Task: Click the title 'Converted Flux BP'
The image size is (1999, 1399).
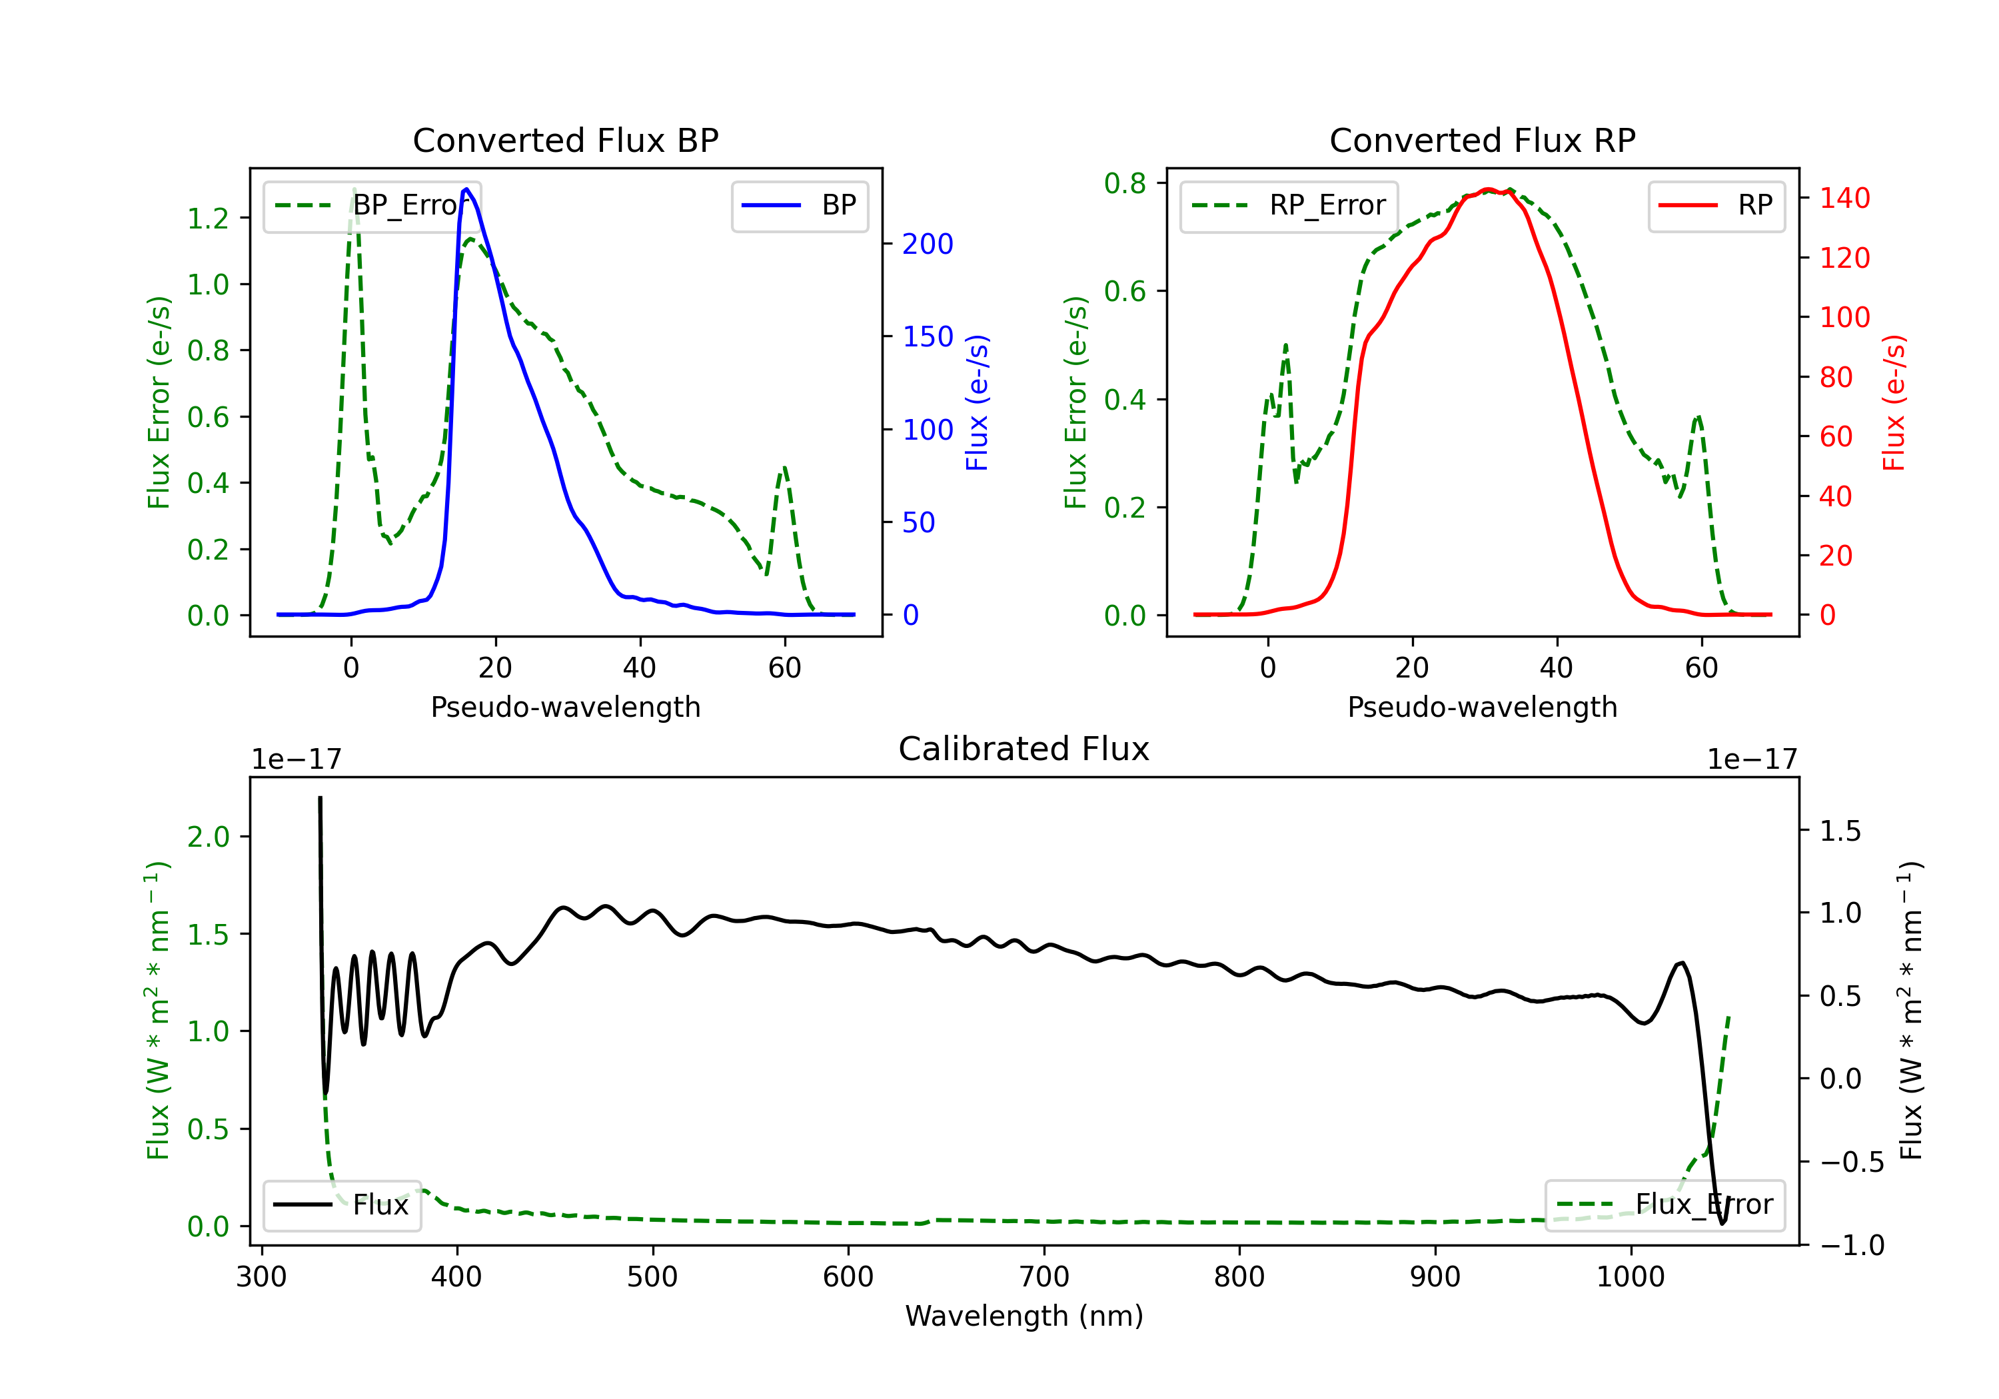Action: (565, 140)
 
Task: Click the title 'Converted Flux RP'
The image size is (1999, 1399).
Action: (1482, 140)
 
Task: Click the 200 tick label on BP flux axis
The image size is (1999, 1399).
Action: (928, 244)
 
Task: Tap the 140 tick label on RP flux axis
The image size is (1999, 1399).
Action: (1844, 199)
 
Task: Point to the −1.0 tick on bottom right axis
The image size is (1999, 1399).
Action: (1851, 1246)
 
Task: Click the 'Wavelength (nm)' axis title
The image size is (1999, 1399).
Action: (1024, 1316)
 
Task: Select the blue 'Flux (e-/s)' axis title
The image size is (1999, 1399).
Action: (977, 402)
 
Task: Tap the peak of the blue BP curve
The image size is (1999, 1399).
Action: (466, 189)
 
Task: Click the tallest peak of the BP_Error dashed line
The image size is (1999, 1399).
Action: (353, 190)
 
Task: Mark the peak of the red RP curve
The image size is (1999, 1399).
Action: (1488, 189)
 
